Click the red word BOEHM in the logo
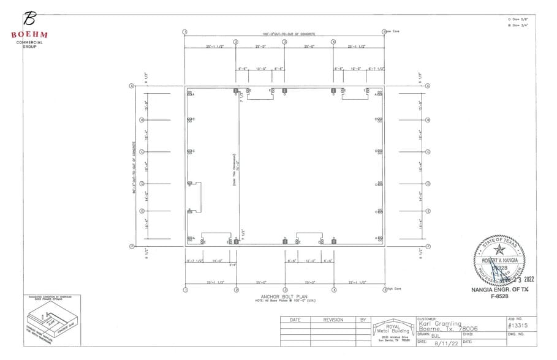[x=29, y=35]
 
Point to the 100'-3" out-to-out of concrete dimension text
[x=284, y=34]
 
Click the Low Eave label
[x=393, y=31]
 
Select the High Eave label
[x=393, y=288]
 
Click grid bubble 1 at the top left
[x=184, y=32]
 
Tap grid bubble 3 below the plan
[x=284, y=289]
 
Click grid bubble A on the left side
[x=131, y=86]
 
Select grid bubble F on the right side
[x=428, y=246]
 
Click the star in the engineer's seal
[x=499, y=249]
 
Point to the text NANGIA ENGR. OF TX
[x=499, y=289]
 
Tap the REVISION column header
[x=333, y=320]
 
